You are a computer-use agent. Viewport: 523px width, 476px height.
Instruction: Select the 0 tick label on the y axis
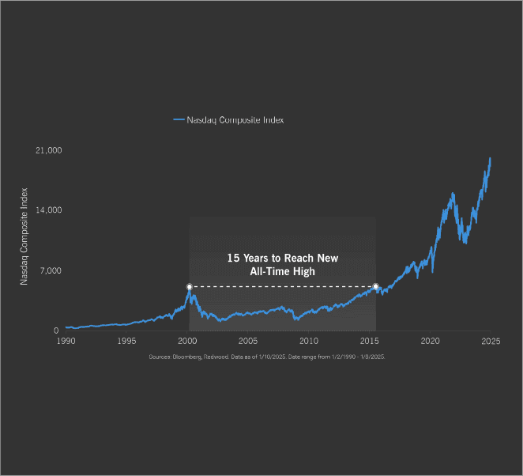[56, 331]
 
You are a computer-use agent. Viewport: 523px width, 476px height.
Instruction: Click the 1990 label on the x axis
[66, 341]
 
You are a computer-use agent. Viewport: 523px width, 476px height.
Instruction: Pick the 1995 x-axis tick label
[126, 341]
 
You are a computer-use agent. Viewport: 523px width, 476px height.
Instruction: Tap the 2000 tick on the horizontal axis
[187, 341]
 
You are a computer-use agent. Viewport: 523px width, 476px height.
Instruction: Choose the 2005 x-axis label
[248, 341]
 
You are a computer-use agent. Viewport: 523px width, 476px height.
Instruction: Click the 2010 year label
[309, 341]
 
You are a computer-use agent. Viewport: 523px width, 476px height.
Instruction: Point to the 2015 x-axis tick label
[369, 341]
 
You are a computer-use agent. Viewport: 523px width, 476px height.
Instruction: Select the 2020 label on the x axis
[430, 341]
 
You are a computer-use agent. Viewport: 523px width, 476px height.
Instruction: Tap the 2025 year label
[491, 341]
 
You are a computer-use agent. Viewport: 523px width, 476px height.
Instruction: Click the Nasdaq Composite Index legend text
[235, 120]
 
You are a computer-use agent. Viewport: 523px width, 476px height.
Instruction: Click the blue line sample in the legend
[179, 120]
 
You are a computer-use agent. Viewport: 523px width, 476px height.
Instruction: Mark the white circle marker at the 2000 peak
[189, 286]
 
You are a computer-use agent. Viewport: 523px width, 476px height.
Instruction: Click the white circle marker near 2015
[375, 286]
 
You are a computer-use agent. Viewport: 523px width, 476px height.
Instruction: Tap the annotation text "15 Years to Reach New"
[282, 259]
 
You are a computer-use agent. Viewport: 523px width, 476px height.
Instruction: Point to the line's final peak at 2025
[490, 157]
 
